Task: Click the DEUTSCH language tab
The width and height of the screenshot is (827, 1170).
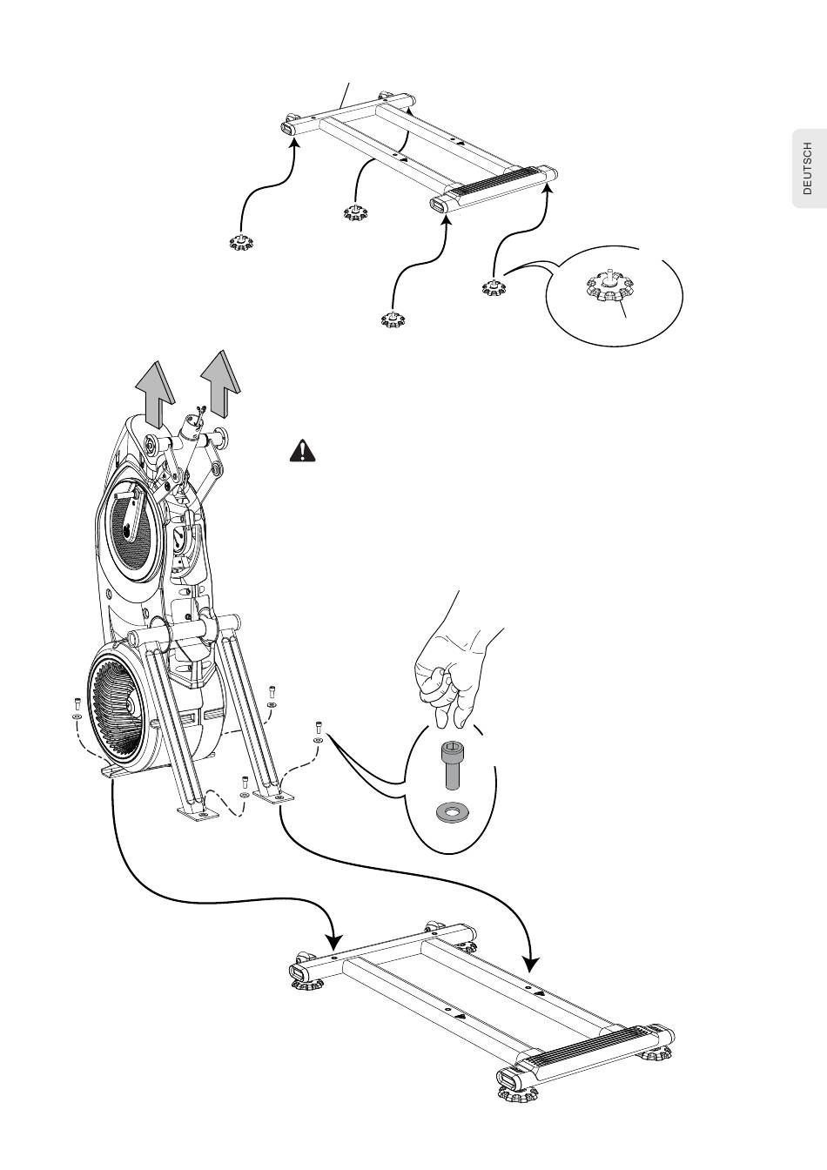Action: pyautogui.click(x=810, y=168)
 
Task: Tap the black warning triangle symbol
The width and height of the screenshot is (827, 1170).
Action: pyautogui.click(x=302, y=451)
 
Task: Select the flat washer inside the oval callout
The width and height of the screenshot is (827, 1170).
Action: pyautogui.click(x=453, y=812)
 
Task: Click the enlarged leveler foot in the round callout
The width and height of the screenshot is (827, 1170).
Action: pyautogui.click(x=609, y=288)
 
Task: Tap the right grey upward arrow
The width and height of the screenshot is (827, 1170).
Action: pyautogui.click(x=220, y=383)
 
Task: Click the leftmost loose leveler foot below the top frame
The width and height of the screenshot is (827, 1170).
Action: pyautogui.click(x=241, y=241)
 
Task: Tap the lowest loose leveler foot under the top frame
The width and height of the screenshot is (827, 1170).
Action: pyautogui.click(x=393, y=318)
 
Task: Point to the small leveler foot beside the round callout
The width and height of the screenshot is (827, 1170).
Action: pyautogui.click(x=494, y=287)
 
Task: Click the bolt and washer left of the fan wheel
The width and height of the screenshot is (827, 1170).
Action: pyautogui.click(x=77, y=708)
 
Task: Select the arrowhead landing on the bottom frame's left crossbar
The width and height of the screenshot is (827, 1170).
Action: pyautogui.click(x=333, y=941)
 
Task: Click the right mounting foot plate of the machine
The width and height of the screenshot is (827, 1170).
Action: pyautogui.click(x=273, y=795)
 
